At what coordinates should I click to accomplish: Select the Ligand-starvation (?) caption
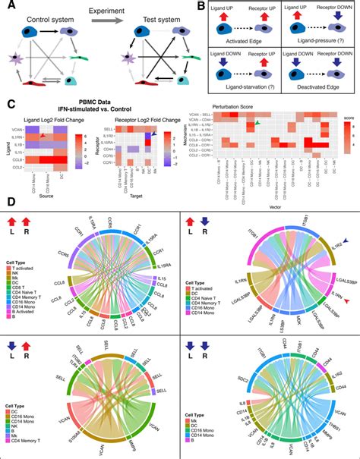pyautogui.click(x=237, y=96)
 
